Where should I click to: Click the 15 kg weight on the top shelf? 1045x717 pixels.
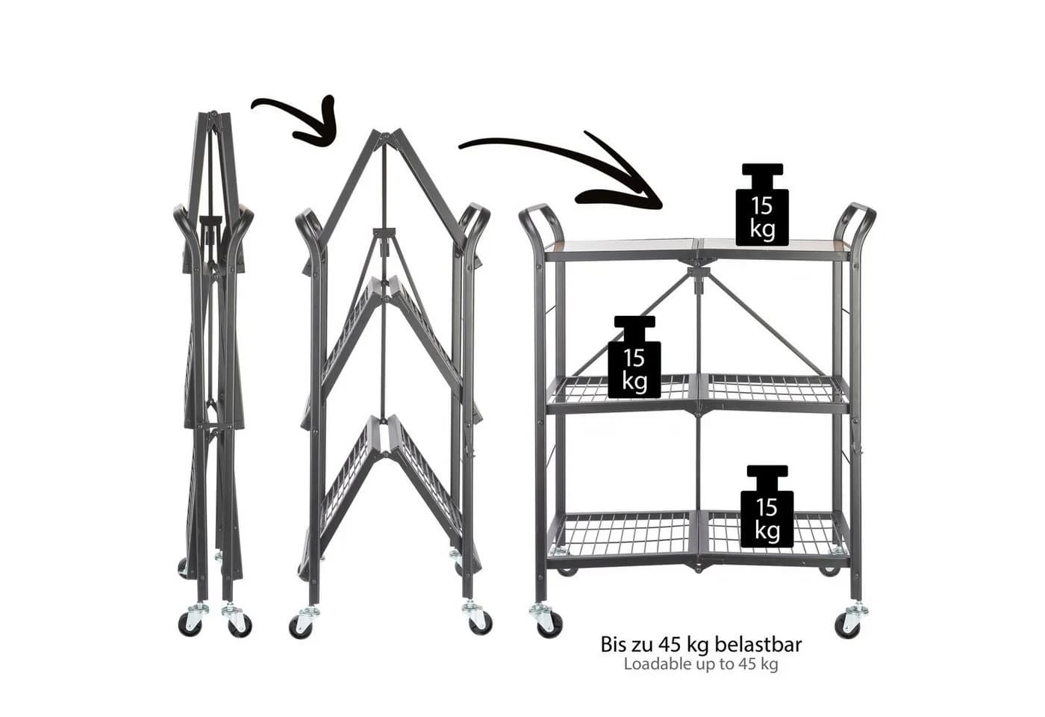762,205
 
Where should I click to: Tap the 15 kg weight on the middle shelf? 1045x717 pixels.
634,357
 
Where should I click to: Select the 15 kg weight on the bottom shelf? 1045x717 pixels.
767,506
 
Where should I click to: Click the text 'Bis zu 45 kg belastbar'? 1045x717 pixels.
701,645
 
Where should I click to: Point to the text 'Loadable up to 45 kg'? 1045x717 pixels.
701,664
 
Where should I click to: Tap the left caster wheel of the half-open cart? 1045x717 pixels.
303,622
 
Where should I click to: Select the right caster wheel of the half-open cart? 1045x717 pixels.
478,618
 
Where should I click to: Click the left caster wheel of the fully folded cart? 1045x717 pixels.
191,620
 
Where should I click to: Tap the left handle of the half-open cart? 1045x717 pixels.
308,224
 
